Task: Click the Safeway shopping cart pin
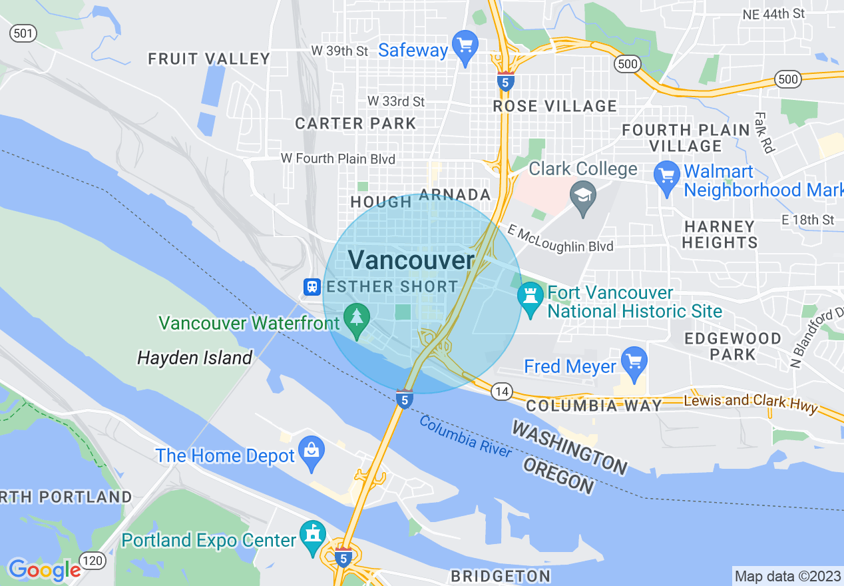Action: pos(465,47)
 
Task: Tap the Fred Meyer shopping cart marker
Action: pos(634,362)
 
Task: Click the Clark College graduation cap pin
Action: pos(583,197)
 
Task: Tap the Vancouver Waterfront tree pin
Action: pos(357,318)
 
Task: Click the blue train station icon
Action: pos(312,287)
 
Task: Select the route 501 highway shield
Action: pos(23,33)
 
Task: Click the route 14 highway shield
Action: pos(502,392)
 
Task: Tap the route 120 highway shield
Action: pos(93,561)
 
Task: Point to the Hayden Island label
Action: pos(194,358)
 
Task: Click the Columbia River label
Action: pos(466,437)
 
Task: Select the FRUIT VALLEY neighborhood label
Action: pos(209,59)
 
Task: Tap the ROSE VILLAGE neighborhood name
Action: pos(555,106)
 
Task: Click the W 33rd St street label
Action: pos(396,101)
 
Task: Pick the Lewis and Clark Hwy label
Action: pos(751,402)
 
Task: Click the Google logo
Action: pos(44,570)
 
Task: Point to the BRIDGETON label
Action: pos(501,576)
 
